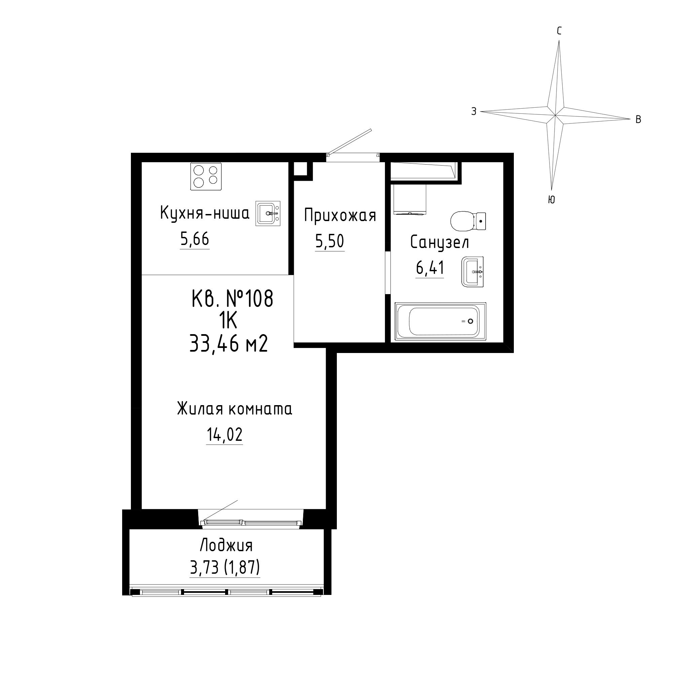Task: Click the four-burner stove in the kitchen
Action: (x=206, y=177)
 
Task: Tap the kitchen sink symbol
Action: (x=268, y=213)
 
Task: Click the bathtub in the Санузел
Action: (x=440, y=321)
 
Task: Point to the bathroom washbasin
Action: (x=473, y=271)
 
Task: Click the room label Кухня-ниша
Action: (x=205, y=213)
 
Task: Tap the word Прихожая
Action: (x=340, y=215)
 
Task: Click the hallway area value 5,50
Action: (x=329, y=241)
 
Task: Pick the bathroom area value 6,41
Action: (x=430, y=268)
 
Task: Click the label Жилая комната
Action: (x=235, y=409)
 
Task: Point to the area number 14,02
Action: (x=224, y=435)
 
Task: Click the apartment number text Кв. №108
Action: (x=232, y=298)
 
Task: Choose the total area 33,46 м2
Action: (x=228, y=344)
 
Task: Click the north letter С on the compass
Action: (x=559, y=31)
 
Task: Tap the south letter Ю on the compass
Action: (x=551, y=199)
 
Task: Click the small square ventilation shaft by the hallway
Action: (x=300, y=169)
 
